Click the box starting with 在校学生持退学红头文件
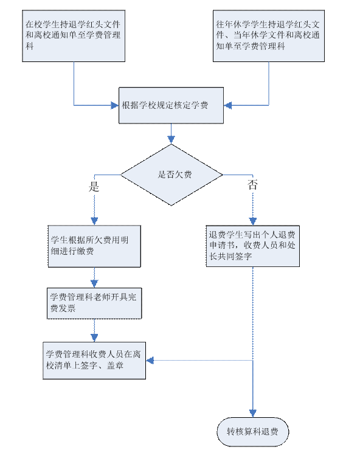tap(74, 36)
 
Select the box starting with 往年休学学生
tap(269, 36)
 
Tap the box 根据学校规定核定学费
tap(171, 105)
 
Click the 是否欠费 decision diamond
tap(171, 175)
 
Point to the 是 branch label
tap(94, 187)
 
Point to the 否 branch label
tap(252, 184)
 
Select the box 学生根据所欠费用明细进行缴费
tap(94, 246)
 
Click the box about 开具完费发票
tap(94, 303)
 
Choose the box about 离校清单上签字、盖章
tap(94, 361)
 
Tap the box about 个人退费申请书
tap(253, 246)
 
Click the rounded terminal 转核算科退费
tap(253, 432)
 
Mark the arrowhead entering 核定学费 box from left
tap(115, 105)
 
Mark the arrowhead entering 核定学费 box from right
tap(227, 105)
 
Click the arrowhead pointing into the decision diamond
tap(171, 140)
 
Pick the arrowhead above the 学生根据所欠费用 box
tap(94, 221)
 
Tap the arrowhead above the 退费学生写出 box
tap(253, 221)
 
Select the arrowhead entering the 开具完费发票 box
tap(94, 283)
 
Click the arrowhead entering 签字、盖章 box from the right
tap(150, 361)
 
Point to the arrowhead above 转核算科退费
tap(253, 414)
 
